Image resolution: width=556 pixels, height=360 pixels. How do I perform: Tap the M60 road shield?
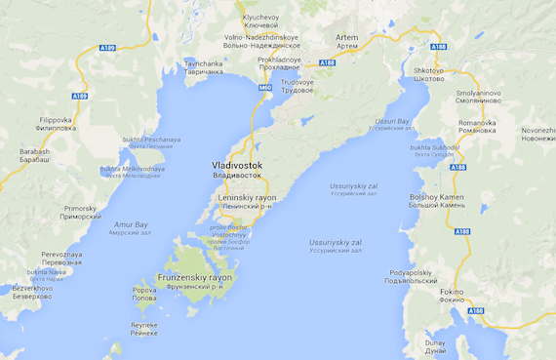(x=265, y=88)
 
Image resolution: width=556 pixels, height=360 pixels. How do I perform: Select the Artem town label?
(x=346, y=40)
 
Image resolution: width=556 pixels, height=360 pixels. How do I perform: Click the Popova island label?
(x=144, y=293)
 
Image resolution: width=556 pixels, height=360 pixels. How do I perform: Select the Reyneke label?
(x=144, y=328)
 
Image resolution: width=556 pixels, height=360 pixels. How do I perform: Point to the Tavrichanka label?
(x=204, y=67)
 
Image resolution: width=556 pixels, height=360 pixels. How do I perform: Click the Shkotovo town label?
(x=428, y=74)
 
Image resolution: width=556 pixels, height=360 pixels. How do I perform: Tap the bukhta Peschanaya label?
(x=151, y=143)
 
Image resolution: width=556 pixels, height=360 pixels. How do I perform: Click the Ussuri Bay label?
(x=392, y=124)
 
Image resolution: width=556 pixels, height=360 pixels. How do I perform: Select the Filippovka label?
(x=55, y=124)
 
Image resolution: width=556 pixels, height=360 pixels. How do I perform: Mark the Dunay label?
(x=435, y=345)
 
